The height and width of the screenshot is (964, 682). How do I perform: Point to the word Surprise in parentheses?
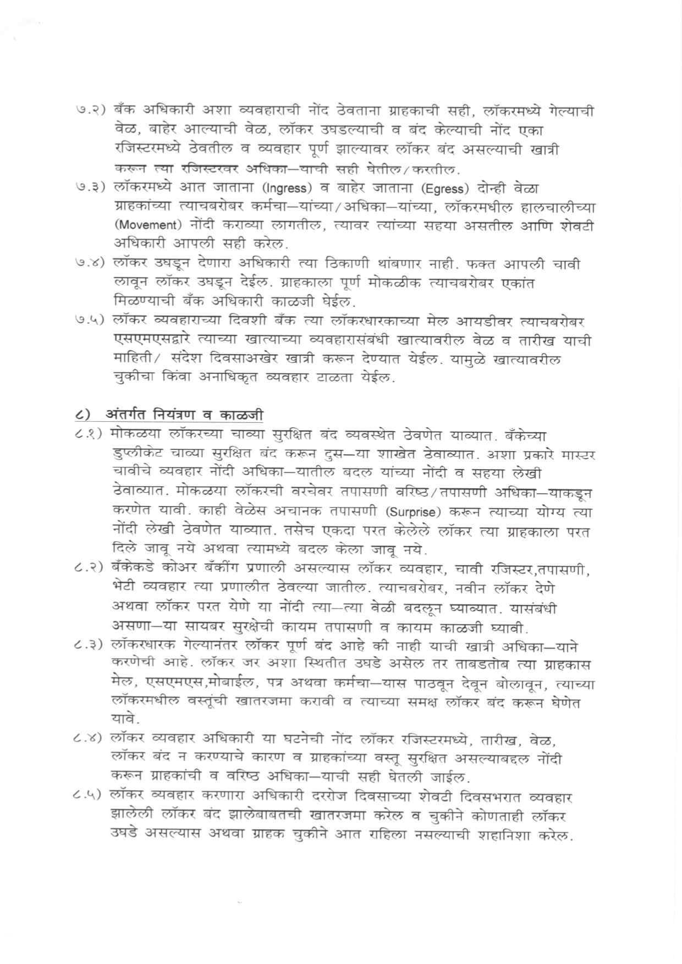coord(414,513)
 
